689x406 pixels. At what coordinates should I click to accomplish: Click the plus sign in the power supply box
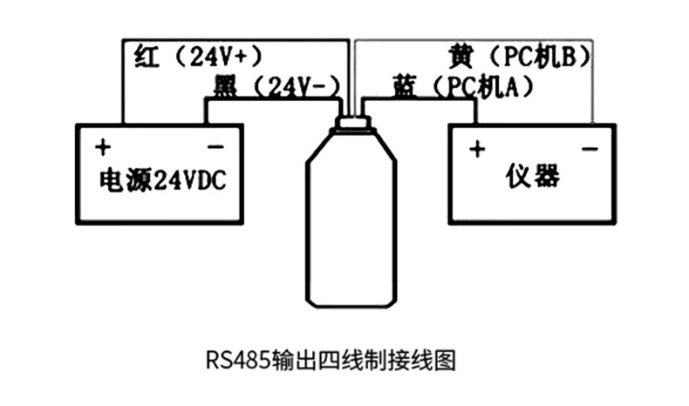click(x=103, y=147)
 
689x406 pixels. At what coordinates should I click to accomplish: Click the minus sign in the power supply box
click(x=215, y=147)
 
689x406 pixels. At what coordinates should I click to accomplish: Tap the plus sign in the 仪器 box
click(x=477, y=149)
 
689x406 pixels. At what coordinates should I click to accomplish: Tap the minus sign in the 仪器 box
click(x=590, y=149)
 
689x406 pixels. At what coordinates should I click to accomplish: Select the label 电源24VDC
click(x=162, y=180)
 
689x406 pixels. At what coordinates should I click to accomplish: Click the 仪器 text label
click(x=533, y=176)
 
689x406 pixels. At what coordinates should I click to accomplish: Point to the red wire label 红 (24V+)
click(x=198, y=56)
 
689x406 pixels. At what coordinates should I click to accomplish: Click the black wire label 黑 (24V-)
click(x=276, y=86)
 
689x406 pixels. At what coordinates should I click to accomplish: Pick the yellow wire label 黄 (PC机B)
click(x=520, y=57)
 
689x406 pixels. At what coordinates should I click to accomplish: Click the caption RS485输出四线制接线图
click(x=331, y=361)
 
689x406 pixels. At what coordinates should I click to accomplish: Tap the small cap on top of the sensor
click(x=353, y=122)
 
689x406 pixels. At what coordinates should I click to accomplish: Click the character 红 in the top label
click(x=147, y=56)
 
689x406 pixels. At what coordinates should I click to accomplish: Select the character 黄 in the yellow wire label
click(x=461, y=57)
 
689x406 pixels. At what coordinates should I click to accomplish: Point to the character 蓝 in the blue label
click(x=404, y=87)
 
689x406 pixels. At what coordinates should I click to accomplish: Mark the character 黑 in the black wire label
click(x=225, y=86)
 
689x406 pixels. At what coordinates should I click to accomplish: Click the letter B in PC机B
click(x=569, y=57)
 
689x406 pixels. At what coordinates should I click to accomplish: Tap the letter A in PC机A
click(x=512, y=87)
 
